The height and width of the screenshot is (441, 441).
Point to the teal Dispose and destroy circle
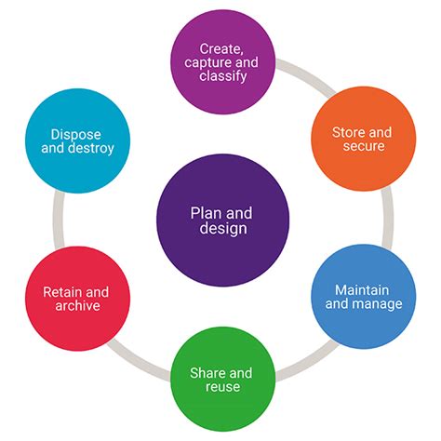click(x=76, y=140)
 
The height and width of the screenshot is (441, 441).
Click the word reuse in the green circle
click(x=222, y=386)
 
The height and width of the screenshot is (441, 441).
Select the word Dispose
click(x=75, y=134)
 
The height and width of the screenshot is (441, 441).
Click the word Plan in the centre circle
click(x=207, y=212)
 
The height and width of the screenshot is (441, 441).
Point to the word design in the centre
click(x=223, y=229)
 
